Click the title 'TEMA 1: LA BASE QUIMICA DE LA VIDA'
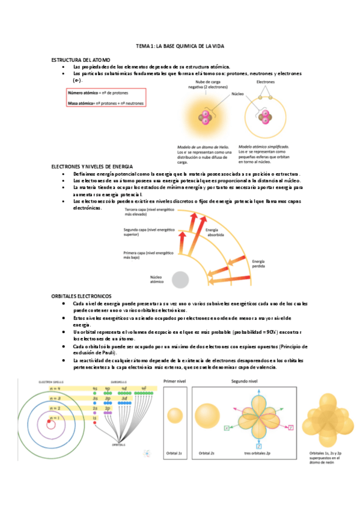click(x=180, y=46)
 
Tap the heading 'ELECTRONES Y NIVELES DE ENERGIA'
click(x=91, y=165)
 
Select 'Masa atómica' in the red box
click(x=82, y=103)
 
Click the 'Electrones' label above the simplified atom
click(x=266, y=81)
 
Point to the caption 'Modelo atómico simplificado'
click(x=264, y=146)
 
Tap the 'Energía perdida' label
click(x=258, y=264)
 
